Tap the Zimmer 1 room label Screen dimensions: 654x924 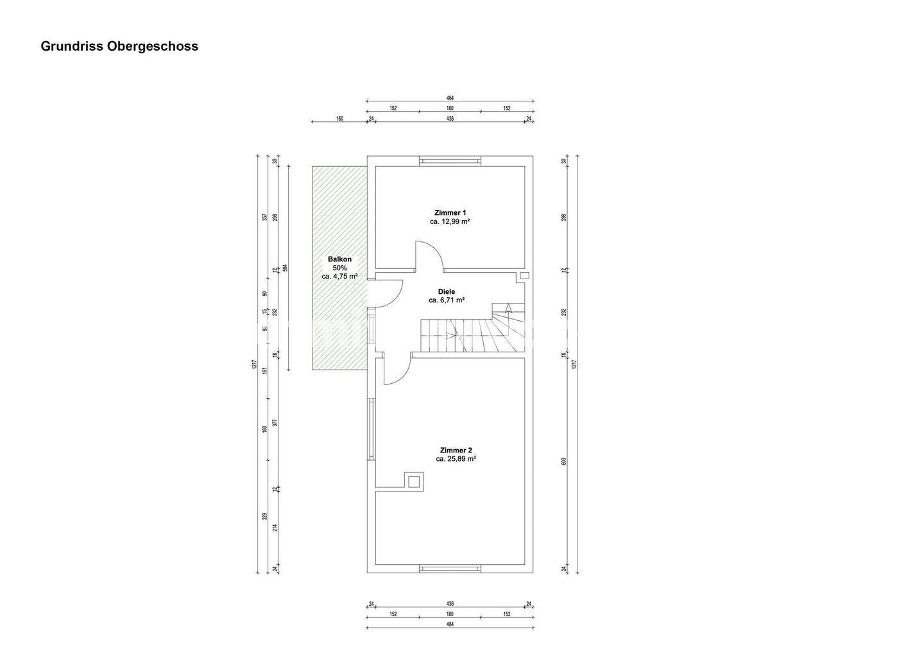450,212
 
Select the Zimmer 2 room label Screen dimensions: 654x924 456,450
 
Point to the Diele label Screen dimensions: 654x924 447,291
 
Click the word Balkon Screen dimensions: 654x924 339,259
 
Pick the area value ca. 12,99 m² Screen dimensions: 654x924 450,221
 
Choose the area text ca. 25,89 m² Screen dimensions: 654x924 456,459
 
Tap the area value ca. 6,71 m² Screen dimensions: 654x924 447,300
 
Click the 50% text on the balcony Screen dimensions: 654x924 339,268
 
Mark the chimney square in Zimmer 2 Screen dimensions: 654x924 414,481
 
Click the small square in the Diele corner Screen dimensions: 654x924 524,275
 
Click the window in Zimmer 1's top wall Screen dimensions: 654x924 450,161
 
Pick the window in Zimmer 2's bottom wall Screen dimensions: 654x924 450,569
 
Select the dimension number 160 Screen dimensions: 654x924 339,119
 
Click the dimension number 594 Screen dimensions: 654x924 285,268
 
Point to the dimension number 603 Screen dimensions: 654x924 564,461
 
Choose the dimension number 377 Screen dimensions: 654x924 274,423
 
